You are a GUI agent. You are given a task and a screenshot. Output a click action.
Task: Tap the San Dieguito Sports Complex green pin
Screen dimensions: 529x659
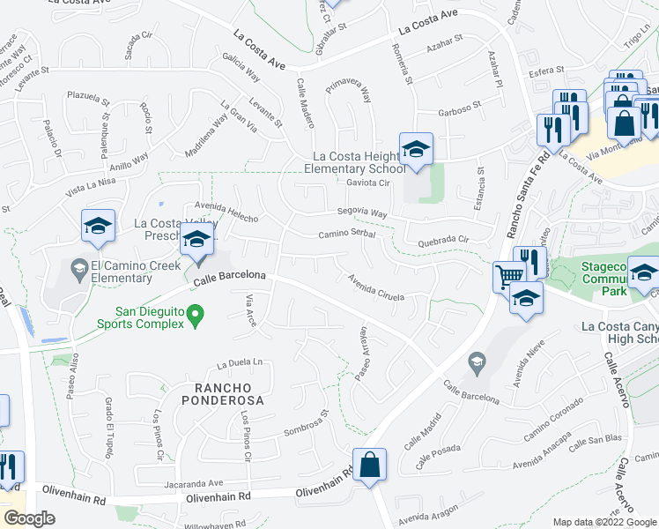[196, 313]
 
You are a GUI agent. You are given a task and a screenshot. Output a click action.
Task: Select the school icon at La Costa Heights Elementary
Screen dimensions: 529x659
[416, 148]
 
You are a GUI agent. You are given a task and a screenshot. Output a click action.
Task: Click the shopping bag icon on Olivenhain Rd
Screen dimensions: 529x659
[369, 464]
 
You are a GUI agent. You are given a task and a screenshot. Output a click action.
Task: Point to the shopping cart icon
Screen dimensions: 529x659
[507, 276]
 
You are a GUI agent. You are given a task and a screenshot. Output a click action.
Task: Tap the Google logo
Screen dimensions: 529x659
[28, 518]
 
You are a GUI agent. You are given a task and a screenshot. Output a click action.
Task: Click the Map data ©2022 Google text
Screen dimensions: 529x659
[603, 522]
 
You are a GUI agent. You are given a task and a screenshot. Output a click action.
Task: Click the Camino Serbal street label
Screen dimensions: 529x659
[347, 235]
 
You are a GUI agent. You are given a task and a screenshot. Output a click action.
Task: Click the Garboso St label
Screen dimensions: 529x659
[460, 112]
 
